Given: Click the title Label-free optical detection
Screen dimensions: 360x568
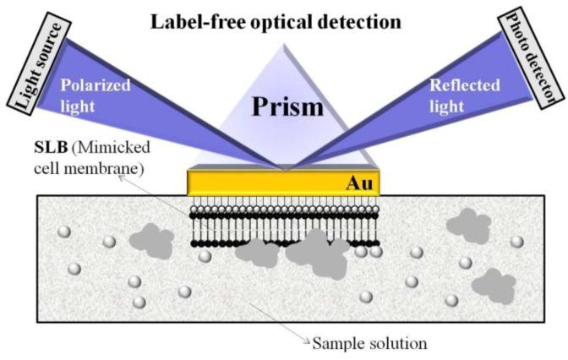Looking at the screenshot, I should [x=283, y=19].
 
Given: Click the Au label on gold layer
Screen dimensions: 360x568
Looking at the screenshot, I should [x=359, y=182].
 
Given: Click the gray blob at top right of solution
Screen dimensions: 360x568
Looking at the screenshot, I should [x=467, y=224].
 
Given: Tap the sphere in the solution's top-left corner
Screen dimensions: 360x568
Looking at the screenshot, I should [x=62, y=232].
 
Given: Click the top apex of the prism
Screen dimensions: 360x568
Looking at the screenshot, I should [x=283, y=45].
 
